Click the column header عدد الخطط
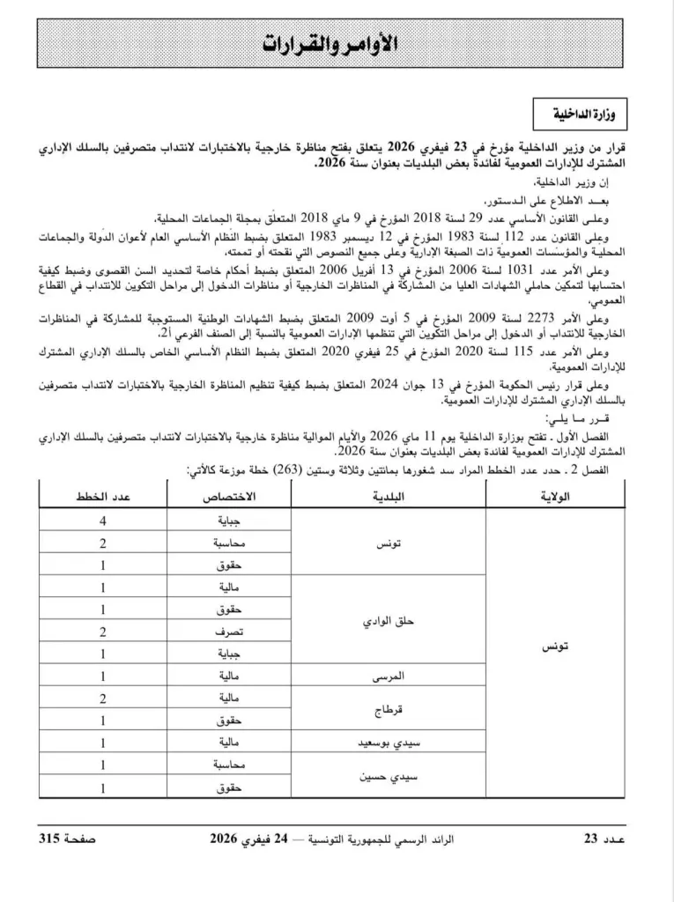click(x=92, y=497)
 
